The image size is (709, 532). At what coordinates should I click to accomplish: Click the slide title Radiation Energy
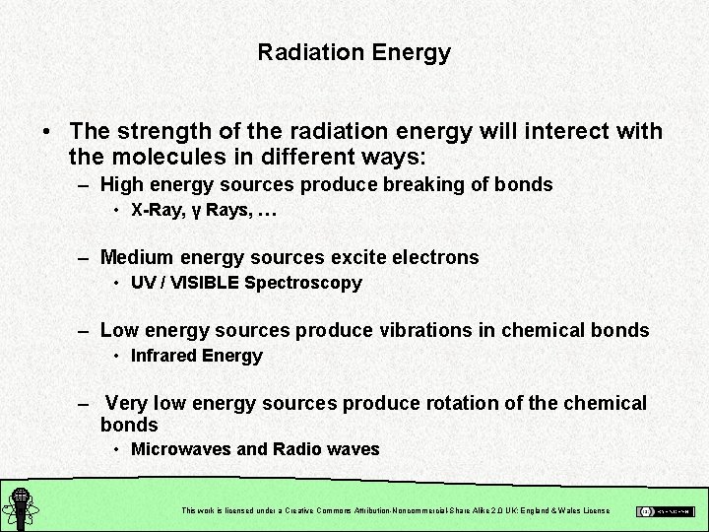pyautogui.click(x=354, y=52)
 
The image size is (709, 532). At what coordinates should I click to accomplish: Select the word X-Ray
pyautogui.click(x=154, y=210)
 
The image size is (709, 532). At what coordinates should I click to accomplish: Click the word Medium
pyautogui.click(x=138, y=257)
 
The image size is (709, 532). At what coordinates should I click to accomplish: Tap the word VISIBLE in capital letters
pyautogui.click(x=204, y=283)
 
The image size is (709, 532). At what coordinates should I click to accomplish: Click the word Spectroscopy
pyautogui.click(x=303, y=283)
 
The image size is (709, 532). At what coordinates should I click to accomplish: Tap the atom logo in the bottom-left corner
pyautogui.click(x=20, y=506)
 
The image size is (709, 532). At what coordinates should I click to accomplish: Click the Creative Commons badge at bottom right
pyautogui.click(x=665, y=511)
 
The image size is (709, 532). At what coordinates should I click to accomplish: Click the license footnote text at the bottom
pyautogui.click(x=396, y=510)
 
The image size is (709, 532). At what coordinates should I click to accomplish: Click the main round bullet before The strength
pyautogui.click(x=46, y=132)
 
